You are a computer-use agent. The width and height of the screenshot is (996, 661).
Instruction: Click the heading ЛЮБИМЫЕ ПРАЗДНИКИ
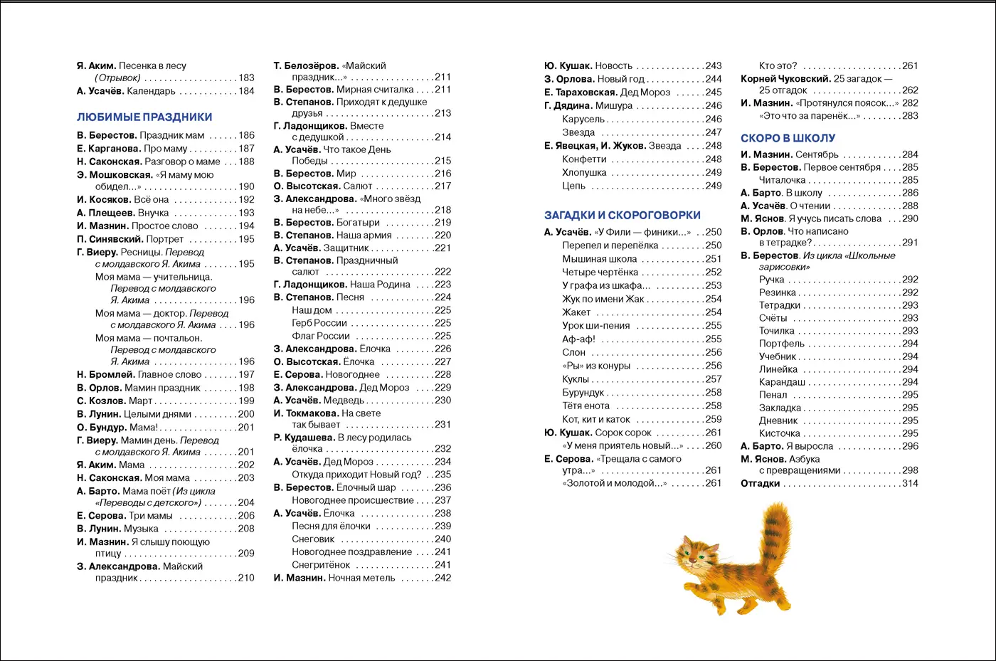pyautogui.click(x=144, y=117)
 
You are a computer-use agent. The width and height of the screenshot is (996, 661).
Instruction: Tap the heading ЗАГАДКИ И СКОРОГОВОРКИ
pyautogui.click(x=622, y=216)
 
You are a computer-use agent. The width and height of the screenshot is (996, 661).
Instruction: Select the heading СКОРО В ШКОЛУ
pyautogui.click(x=788, y=139)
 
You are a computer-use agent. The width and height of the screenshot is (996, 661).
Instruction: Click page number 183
pyautogui.click(x=246, y=78)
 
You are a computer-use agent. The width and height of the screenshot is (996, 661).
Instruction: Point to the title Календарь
pyautogui.click(x=151, y=91)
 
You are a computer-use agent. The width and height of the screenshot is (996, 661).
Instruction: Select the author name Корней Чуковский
pyautogui.click(x=785, y=79)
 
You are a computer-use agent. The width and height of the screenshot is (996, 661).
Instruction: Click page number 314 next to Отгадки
pyautogui.click(x=910, y=484)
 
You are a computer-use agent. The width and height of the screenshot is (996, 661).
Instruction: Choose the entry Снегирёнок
pyautogui.click(x=321, y=565)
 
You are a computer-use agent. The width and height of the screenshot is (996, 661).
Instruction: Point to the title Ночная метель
pyautogui.click(x=361, y=578)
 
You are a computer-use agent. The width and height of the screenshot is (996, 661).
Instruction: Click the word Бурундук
pyautogui.click(x=583, y=393)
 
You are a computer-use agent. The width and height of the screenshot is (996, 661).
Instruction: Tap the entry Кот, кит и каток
pyautogui.click(x=596, y=420)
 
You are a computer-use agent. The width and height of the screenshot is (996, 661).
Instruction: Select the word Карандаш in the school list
pyautogui.click(x=782, y=383)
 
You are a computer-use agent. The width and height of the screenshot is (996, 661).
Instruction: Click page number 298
pyautogui.click(x=910, y=471)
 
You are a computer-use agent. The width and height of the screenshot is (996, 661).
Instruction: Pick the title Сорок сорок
pyautogui.click(x=623, y=433)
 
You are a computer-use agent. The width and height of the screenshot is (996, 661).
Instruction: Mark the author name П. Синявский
pyautogui.click(x=110, y=240)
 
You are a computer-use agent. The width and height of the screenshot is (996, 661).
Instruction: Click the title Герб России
pyautogui.click(x=319, y=323)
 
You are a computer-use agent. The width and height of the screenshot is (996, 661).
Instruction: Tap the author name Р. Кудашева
pyautogui.click(x=304, y=438)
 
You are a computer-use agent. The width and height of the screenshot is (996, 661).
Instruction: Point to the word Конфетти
pyautogui.click(x=584, y=160)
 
